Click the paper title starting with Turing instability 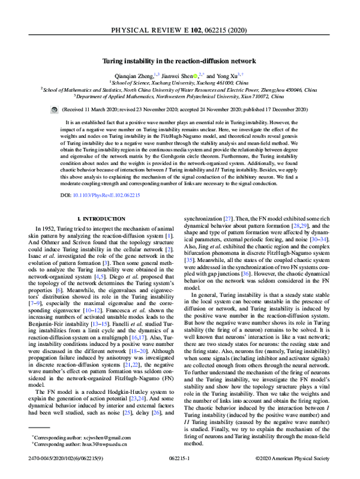pos(180,61)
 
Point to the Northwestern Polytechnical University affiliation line pos(180,95)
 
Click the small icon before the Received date pos(55,110)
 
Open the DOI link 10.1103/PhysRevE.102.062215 pos(112,195)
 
